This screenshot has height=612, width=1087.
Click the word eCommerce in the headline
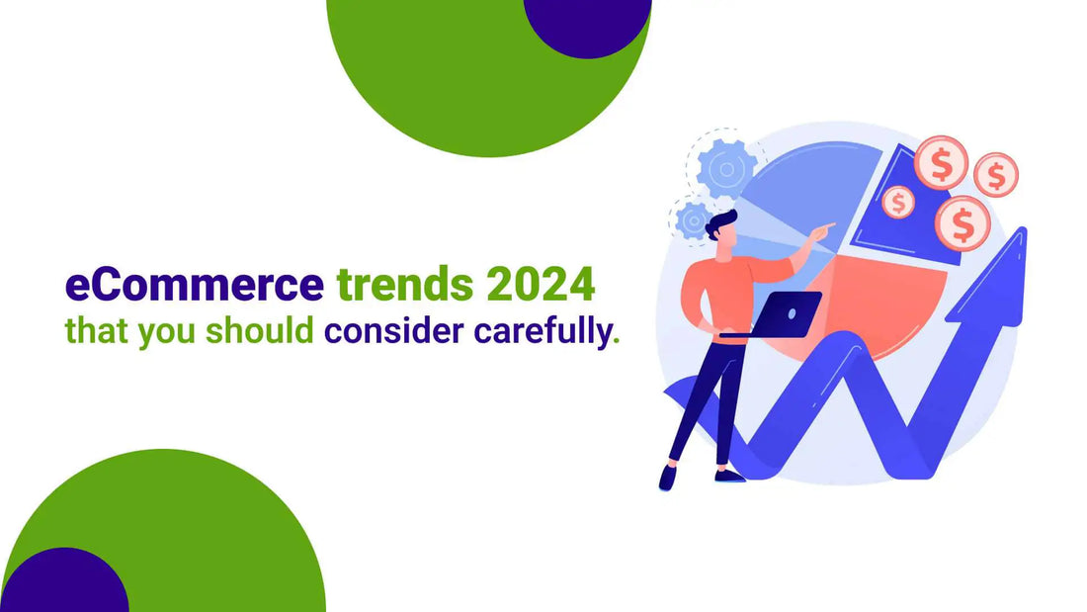194,285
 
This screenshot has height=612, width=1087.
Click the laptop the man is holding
787,314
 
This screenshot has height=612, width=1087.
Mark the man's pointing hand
823,229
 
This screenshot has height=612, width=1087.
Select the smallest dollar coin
898,202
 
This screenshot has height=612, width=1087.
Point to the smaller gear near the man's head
693,219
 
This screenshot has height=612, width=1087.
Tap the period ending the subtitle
617,341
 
